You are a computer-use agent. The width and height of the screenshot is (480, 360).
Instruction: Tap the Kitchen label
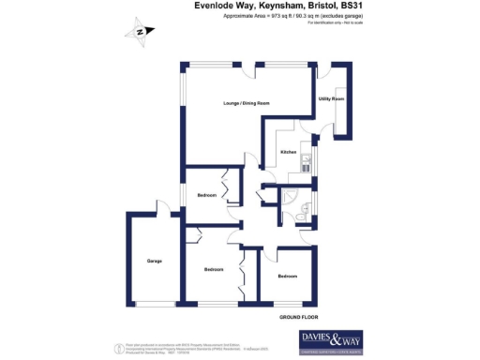pos(289,151)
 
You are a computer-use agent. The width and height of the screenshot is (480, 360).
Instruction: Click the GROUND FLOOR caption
pos(297,319)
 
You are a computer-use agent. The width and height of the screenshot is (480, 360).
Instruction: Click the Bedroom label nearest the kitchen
pos(206,195)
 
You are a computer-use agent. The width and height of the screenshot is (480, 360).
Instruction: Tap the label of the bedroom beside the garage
pos(214,270)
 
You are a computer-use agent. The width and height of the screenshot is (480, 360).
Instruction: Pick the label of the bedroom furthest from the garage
pos(287,277)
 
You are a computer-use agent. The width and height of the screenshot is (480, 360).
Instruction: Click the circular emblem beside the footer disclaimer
pos(116,348)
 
